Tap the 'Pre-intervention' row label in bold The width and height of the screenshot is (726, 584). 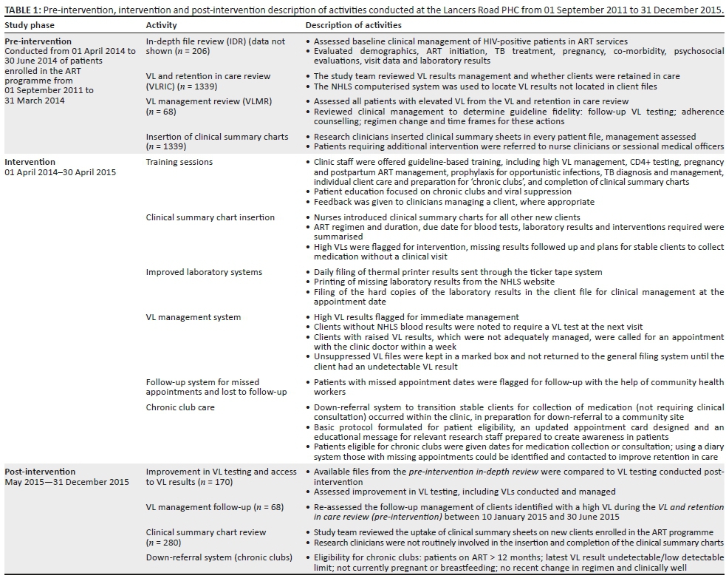point(38,41)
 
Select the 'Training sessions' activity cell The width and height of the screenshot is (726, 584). point(179,162)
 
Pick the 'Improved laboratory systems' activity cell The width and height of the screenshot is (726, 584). point(204,272)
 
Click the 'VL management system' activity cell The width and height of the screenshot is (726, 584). point(193,317)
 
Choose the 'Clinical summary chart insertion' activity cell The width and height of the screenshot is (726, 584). point(210,217)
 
